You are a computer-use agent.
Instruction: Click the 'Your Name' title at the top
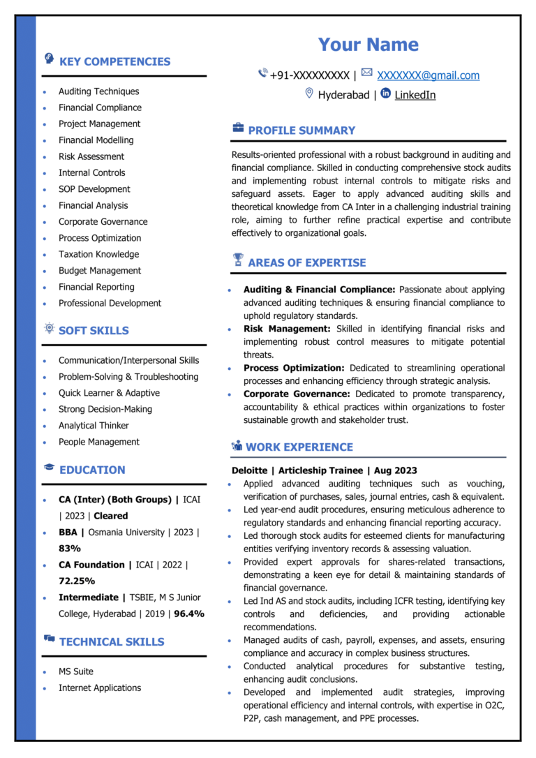click(368, 45)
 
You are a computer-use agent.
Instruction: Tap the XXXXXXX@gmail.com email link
click(429, 75)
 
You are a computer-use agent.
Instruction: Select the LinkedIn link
click(415, 95)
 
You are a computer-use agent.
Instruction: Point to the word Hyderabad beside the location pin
click(343, 95)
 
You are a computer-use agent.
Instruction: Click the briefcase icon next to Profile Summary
click(238, 128)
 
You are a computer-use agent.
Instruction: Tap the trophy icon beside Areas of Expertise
click(238, 260)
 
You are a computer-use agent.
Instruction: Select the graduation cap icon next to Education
click(50, 468)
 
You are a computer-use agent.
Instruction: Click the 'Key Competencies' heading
click(114, 61)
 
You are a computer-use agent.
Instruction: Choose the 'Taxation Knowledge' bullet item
click(98, 254)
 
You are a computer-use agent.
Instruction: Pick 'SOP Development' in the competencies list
click(94, 189)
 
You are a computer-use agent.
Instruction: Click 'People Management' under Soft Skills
click(98, 442)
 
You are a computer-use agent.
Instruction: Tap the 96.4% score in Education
click(189, 614)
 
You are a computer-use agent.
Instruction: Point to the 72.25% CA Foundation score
click(77, 581)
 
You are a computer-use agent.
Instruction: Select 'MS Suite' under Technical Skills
click(75, 671)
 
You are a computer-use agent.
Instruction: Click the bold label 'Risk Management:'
click(287, 329)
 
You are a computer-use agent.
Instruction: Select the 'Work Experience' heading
click(299, 447)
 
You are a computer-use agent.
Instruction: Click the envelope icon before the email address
click(367, 73)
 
